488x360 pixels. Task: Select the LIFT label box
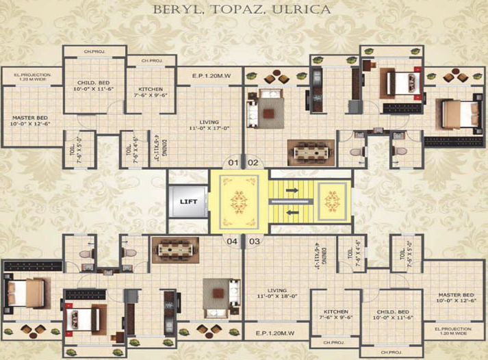188,202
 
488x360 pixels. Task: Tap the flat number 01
233,163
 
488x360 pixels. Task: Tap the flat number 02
253,163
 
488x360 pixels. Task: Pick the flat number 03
254,241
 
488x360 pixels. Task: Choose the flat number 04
233,241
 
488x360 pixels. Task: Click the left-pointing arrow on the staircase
294,212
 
